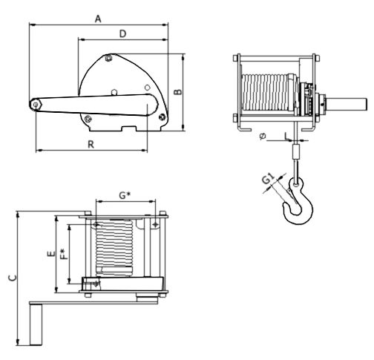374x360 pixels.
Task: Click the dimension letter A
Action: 98,19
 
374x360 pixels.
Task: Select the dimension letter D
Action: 122,33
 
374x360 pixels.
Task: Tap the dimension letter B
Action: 177,91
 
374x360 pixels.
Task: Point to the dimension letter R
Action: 91,144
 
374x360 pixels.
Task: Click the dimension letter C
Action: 13,278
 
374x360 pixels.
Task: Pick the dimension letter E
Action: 51,254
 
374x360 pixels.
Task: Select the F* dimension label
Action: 64,255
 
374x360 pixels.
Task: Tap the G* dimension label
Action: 125,195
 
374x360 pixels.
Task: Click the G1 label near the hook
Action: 269,179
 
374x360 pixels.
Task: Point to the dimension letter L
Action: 286,137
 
